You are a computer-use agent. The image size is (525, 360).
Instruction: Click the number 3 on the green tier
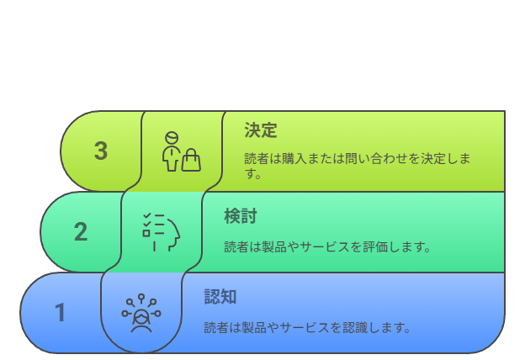[x=101, y=151]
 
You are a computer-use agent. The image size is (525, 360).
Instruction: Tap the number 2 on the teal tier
[x=81, y=231]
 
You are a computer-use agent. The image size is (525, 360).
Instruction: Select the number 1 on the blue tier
[x=61, y=312]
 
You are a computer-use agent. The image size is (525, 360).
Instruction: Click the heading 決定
[x=261, y=130]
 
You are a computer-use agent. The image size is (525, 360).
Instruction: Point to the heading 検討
[x=241, y=216]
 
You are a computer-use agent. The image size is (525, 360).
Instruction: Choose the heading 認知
[x=220, y=297]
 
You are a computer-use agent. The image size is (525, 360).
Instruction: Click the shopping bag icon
[x=191, y=160]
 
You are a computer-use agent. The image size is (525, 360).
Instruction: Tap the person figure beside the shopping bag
[x=172, y=151]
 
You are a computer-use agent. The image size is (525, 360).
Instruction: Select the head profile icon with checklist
[x=162, y=232]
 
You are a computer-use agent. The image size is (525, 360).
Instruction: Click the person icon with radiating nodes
[x=141, y=314]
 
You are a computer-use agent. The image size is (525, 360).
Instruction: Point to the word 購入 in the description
[x=294, y=158]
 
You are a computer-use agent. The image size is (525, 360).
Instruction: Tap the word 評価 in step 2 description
[x=375, y=246]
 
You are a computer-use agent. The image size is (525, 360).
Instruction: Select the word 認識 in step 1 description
[x=355, y=327]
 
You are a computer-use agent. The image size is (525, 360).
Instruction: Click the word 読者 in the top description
[x=257, y=158]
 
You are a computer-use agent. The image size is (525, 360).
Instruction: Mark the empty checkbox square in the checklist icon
[x=146, y=233]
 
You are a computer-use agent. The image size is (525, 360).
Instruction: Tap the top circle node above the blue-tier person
[x=141, y=297]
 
